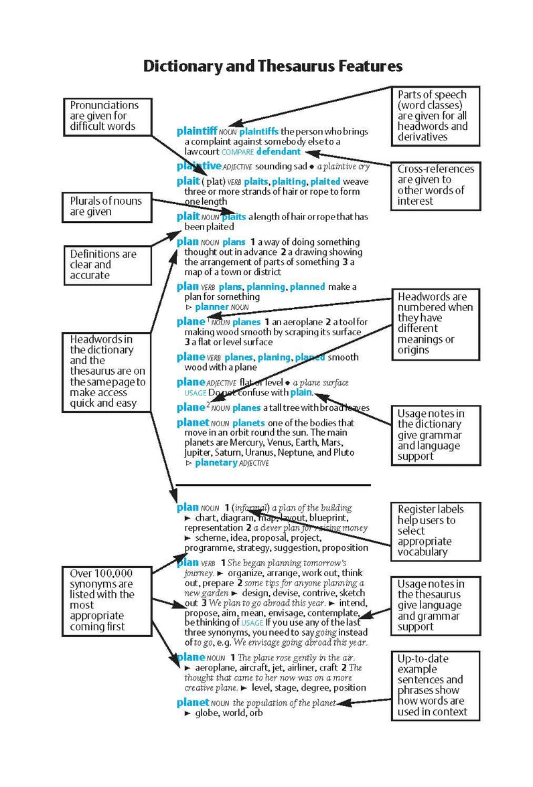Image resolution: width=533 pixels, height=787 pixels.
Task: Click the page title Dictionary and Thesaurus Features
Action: tap(273, 66)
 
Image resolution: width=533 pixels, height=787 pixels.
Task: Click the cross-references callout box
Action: tap(436, 185)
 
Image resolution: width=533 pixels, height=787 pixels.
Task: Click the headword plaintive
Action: tap(198, 166)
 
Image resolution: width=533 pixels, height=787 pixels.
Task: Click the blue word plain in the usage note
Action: tap(301, 392)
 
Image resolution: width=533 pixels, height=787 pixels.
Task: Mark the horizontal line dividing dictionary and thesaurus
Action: tap(273, 485)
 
